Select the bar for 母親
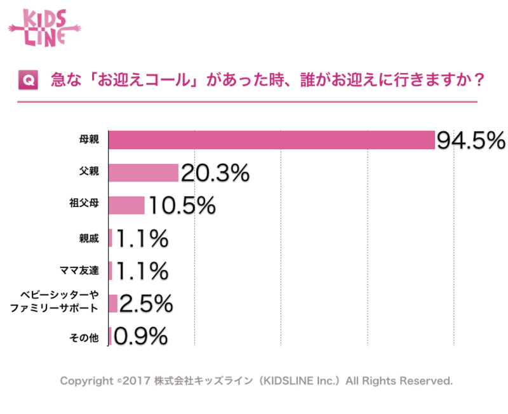[x=272, y=140]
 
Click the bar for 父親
[x=144, y=173]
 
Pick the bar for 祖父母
[x=127, y=205]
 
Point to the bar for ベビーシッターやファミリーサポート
[x=113, y=304]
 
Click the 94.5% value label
[x=470, y=140]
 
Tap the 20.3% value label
[x=215, y=173]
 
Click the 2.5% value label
[x=145, y=304]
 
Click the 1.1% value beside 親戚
[x=141, y=238]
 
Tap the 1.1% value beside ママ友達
[x=141, y=271]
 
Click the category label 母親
[x=89, y=140]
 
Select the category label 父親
[x=89, y=173]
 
